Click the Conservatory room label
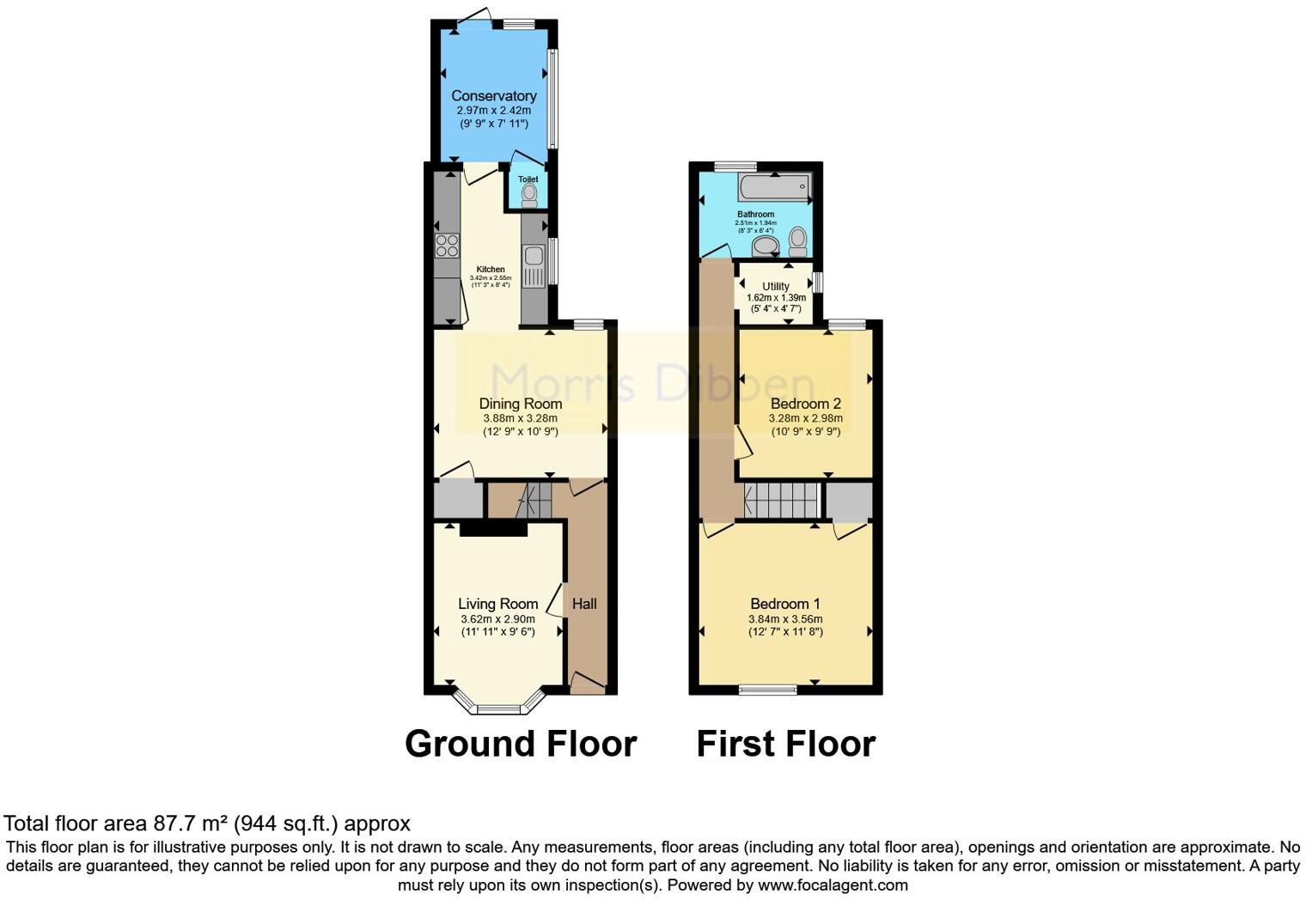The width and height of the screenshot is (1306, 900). pyautogui.click(x=494, y=96)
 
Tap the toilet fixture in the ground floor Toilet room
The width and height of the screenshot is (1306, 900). pyautogui.click(x=529, y=195)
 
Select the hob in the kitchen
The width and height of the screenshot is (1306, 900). pyautogui.click(x=447, y=246)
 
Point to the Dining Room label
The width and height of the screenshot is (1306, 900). pyautogui.click(x=521, y=404)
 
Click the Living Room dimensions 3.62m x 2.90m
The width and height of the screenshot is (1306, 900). pyautogui.click(x=497, y=619)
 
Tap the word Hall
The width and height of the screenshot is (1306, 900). pyautogui.click(x=584, y=604)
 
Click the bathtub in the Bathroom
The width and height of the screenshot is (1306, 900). pyautogui.click(x=774, y=185)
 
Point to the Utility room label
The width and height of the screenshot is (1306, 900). pyautogui.click(x=776, y=286)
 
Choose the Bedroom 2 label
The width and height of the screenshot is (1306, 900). pyautogui.click(x=806, y=404)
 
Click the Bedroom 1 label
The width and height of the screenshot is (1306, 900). pyautogui.click(x=785, y=604)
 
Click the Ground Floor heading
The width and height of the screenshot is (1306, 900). pyautogui.click(x=521, y=744)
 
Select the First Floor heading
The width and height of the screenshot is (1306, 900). pyautogui.click(x=785, y=744)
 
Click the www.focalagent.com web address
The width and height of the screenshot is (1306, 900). pyautogui.click(x=832, y=885)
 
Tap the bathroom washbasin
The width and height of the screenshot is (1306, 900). pyautogui.click(x=765, y=247)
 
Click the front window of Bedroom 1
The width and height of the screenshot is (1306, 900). pyautogui.click(x=768, y=689)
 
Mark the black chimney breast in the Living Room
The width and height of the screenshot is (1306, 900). pyautogui.click(x=493, y=529)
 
